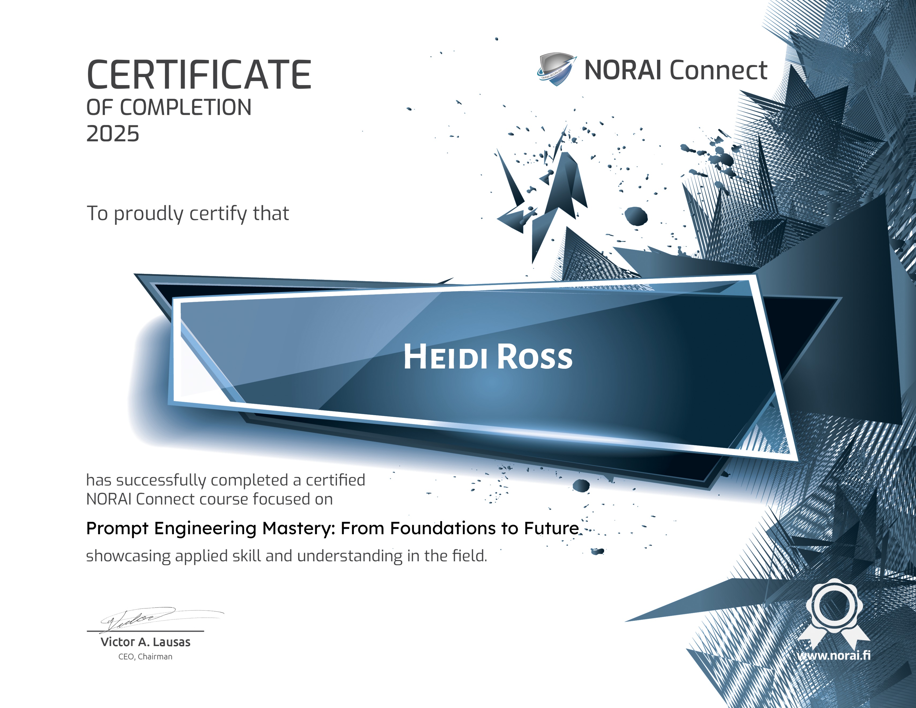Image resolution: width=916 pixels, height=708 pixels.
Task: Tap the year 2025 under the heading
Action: [112, 134]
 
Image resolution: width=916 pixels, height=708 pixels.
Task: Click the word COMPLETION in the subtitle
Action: [186, 108]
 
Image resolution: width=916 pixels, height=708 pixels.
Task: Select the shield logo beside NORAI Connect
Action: [556, 69]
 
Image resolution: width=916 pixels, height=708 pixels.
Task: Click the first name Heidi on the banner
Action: [446, 357]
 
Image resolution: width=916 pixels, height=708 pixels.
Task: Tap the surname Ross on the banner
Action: [535, 357]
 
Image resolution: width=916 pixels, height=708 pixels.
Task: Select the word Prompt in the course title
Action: [117, 528]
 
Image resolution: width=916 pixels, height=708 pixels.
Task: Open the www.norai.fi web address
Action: [834, 655]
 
